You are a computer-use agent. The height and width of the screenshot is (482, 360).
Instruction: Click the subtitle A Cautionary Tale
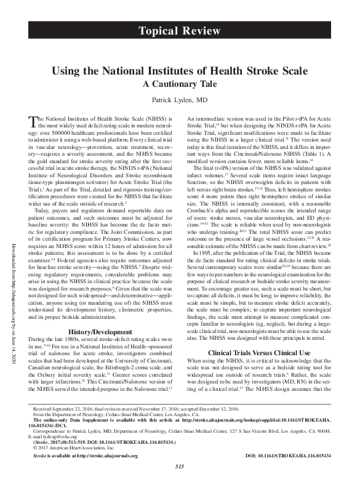coord(180,84)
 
